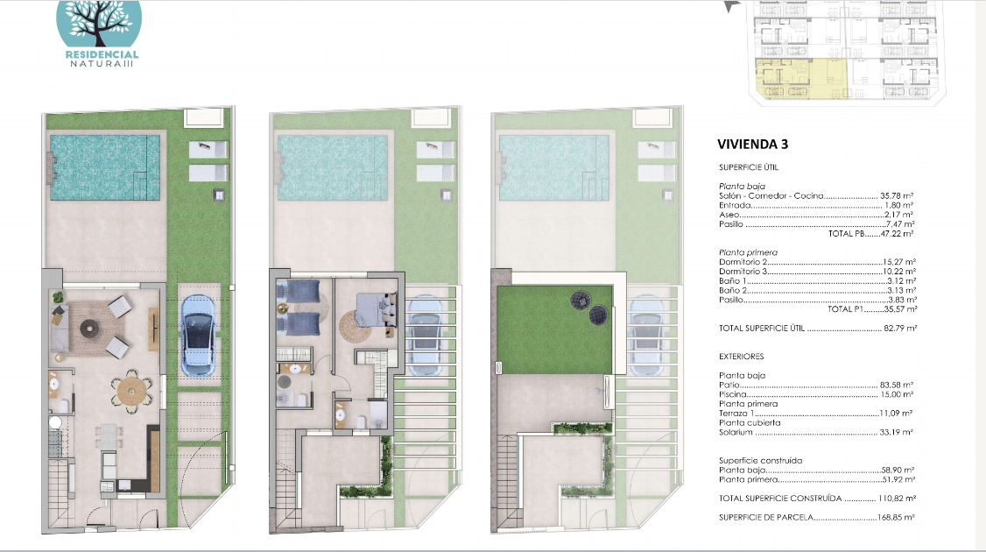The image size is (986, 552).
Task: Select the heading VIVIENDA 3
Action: tap(753, 145)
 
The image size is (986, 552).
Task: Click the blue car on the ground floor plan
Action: tap(198, 335)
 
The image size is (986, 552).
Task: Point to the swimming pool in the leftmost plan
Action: tap(105, 166)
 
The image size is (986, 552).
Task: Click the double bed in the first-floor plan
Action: tap(374, 309)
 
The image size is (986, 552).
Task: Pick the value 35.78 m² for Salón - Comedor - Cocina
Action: tap(897, 195)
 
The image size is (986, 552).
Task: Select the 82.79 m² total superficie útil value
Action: tap(900, 328)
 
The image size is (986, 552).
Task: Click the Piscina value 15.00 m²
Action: tap(897, 394)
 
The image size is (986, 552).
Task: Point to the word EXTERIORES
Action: tap(742, 357)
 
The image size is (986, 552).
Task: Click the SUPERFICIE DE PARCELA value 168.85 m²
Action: tap(896, 517)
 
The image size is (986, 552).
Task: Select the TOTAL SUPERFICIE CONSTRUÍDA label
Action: tap(780, 498)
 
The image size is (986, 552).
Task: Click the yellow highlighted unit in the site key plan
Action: tap(800, 79)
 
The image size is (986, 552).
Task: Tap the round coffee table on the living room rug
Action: tap(89, 328)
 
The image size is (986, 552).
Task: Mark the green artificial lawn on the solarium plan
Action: tap(554, 329)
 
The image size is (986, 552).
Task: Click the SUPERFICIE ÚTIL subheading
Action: tap(749, 167)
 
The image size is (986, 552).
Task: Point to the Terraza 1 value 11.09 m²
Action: tap(896, 414)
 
